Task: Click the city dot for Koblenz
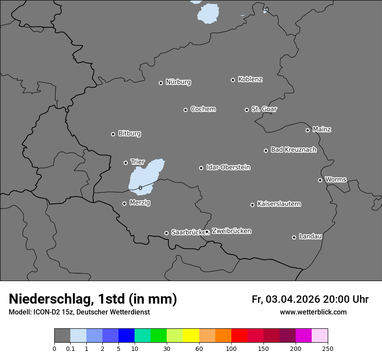tap(233, 80)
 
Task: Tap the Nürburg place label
tap(178, 82)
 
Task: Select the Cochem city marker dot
tap(185, 110)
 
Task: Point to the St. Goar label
tap(264, 109)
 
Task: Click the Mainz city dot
tap(307, 130)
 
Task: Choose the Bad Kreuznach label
tap(293, 150)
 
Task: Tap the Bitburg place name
tap(129, 134)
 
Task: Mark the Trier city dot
tap(125, 163)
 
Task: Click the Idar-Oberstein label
tap(228, 167)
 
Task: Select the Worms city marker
tap(320, 180)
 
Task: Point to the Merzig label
tap(140, 203)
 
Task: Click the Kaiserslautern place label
tap(279, 204)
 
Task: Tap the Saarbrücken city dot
tap(166, 233)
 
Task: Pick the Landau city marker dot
tap(294, 237)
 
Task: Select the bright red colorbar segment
tap(239, 336)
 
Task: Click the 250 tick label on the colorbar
tap(328, 348)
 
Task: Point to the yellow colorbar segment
tap(191, 336)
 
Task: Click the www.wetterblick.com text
tap(313, 312)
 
